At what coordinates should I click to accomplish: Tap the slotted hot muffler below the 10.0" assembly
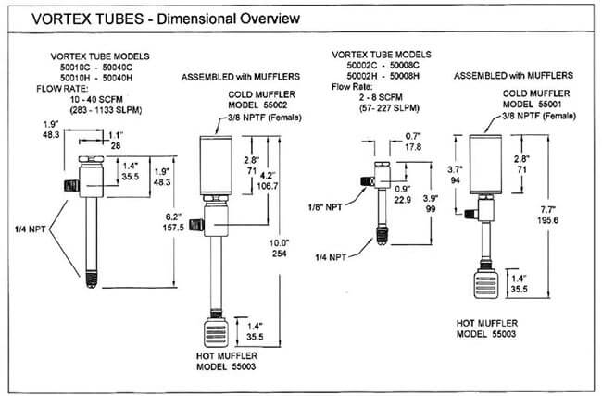[213, 330]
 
